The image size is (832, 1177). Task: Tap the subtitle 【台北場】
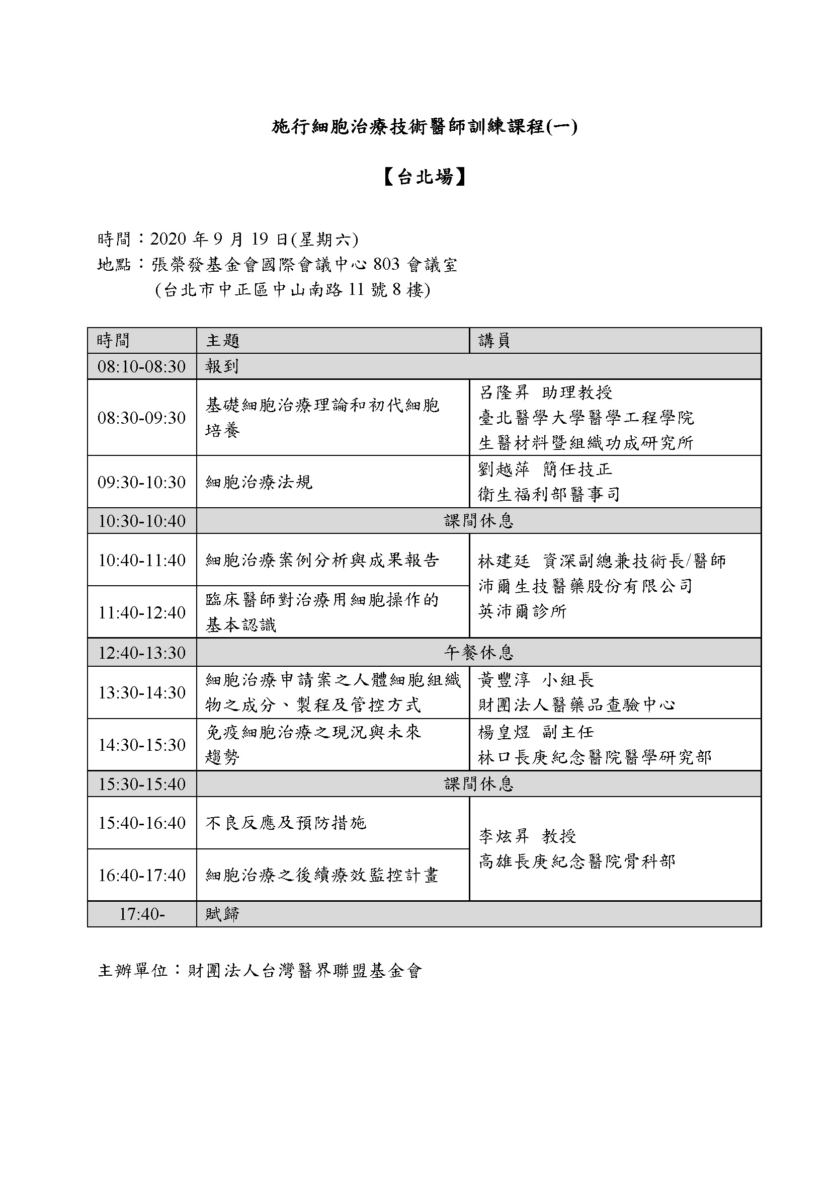pyautogui.click(x=424, y=177)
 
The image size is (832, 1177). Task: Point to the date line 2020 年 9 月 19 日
pyautogui.click(x=228, y=239)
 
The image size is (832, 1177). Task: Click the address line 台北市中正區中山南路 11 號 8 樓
pyautogui.click(x=293, y=290)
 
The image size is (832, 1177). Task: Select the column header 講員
pyautogui.click(x=494, y=340)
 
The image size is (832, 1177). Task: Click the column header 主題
pyautogui.click(x=223, y=340)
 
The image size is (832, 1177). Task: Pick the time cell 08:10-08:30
pyautogui.click(x=141, y=366)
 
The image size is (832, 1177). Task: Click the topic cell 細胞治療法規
pyautogui.click(x=259, y=482)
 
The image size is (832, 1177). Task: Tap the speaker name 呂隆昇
pyautogui.click(x=504, y=393)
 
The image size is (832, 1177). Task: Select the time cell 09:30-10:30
pyautogui.click(x=141, y=482)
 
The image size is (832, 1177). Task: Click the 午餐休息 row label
pyautogui.click(x=478, y=653)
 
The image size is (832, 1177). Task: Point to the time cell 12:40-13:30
pyautogui.click(x=141, y=653)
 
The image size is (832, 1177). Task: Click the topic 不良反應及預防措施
pyautogui.click(x=285, y=823)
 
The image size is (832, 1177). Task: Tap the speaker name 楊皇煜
pyautogui.click(x=504, y=732)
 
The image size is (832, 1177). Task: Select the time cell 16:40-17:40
pyautogui.click(x=141, y=875)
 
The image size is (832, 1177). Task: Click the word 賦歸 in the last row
pyautogui.click(x=222, y=914)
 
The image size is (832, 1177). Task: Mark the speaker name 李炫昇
pyautogui.click(x=504, y=837)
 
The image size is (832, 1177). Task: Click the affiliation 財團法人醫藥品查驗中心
pyautogui.click(x=576, y=705)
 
